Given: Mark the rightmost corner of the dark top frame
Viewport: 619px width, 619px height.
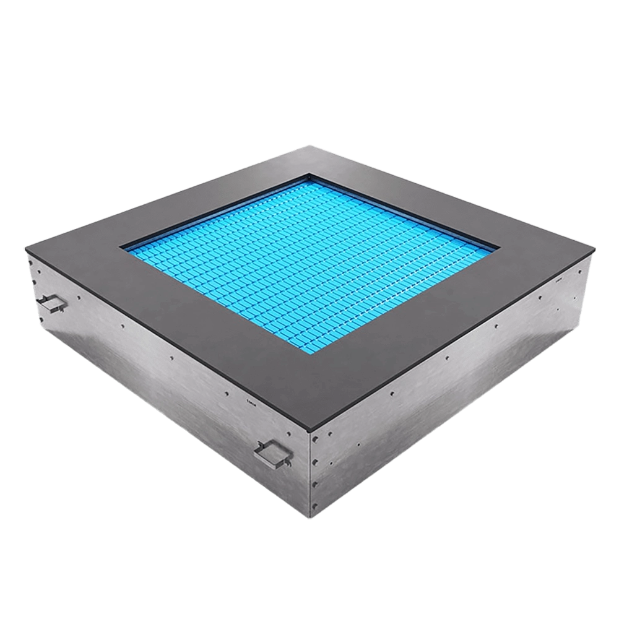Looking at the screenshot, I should click(595, 251).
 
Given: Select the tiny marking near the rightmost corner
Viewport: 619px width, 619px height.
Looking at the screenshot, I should click(559, 280).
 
